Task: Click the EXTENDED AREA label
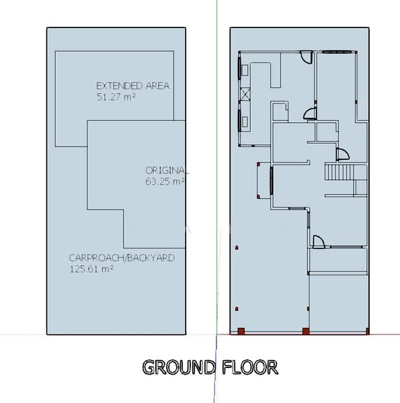point(132,86)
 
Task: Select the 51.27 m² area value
point(116,97)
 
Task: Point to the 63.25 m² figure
point(165,181)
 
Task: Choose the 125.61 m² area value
point(91,269)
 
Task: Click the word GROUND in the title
point(179,367)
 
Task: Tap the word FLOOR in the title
point(248,367)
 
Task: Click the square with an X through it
point(245,94)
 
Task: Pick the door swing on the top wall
point(306,57)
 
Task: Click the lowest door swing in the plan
point(318,240)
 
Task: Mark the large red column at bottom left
point(241,330)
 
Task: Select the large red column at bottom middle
point(305,330)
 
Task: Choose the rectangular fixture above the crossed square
point(245,70)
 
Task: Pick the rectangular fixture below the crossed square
point(245,122)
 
